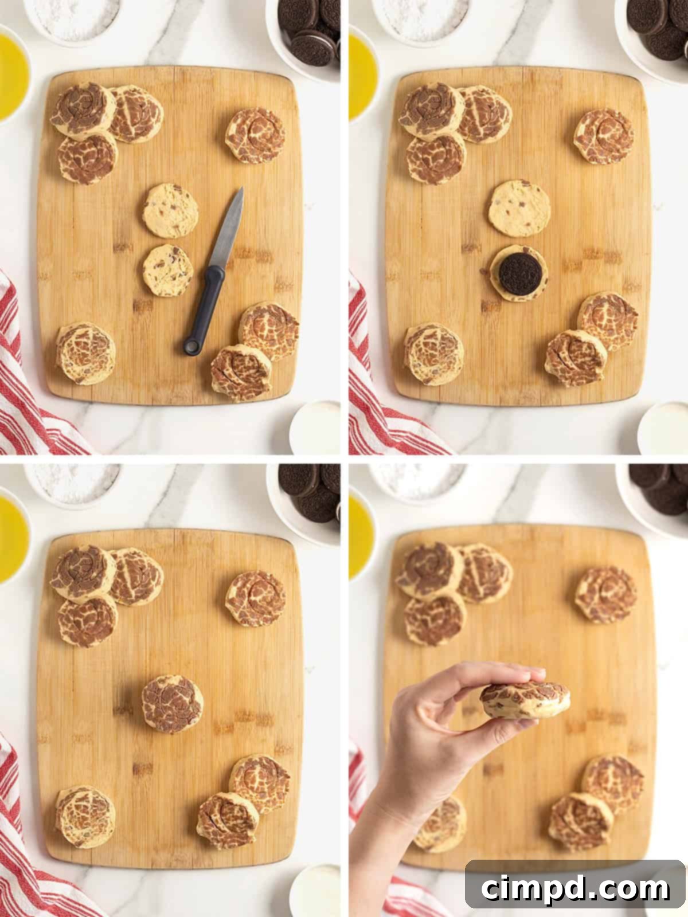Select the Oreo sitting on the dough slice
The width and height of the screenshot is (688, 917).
click(517, 272)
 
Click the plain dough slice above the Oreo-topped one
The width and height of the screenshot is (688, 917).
click(519, 208)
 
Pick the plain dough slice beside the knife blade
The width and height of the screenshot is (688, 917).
click(171, 210)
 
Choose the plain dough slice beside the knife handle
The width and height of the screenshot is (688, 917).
click(167, 271)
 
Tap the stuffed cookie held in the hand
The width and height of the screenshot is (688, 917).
click(525, 700)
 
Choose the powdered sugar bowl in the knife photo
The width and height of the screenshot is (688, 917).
click(72, 17)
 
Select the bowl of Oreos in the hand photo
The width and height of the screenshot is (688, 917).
click(656, 493)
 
